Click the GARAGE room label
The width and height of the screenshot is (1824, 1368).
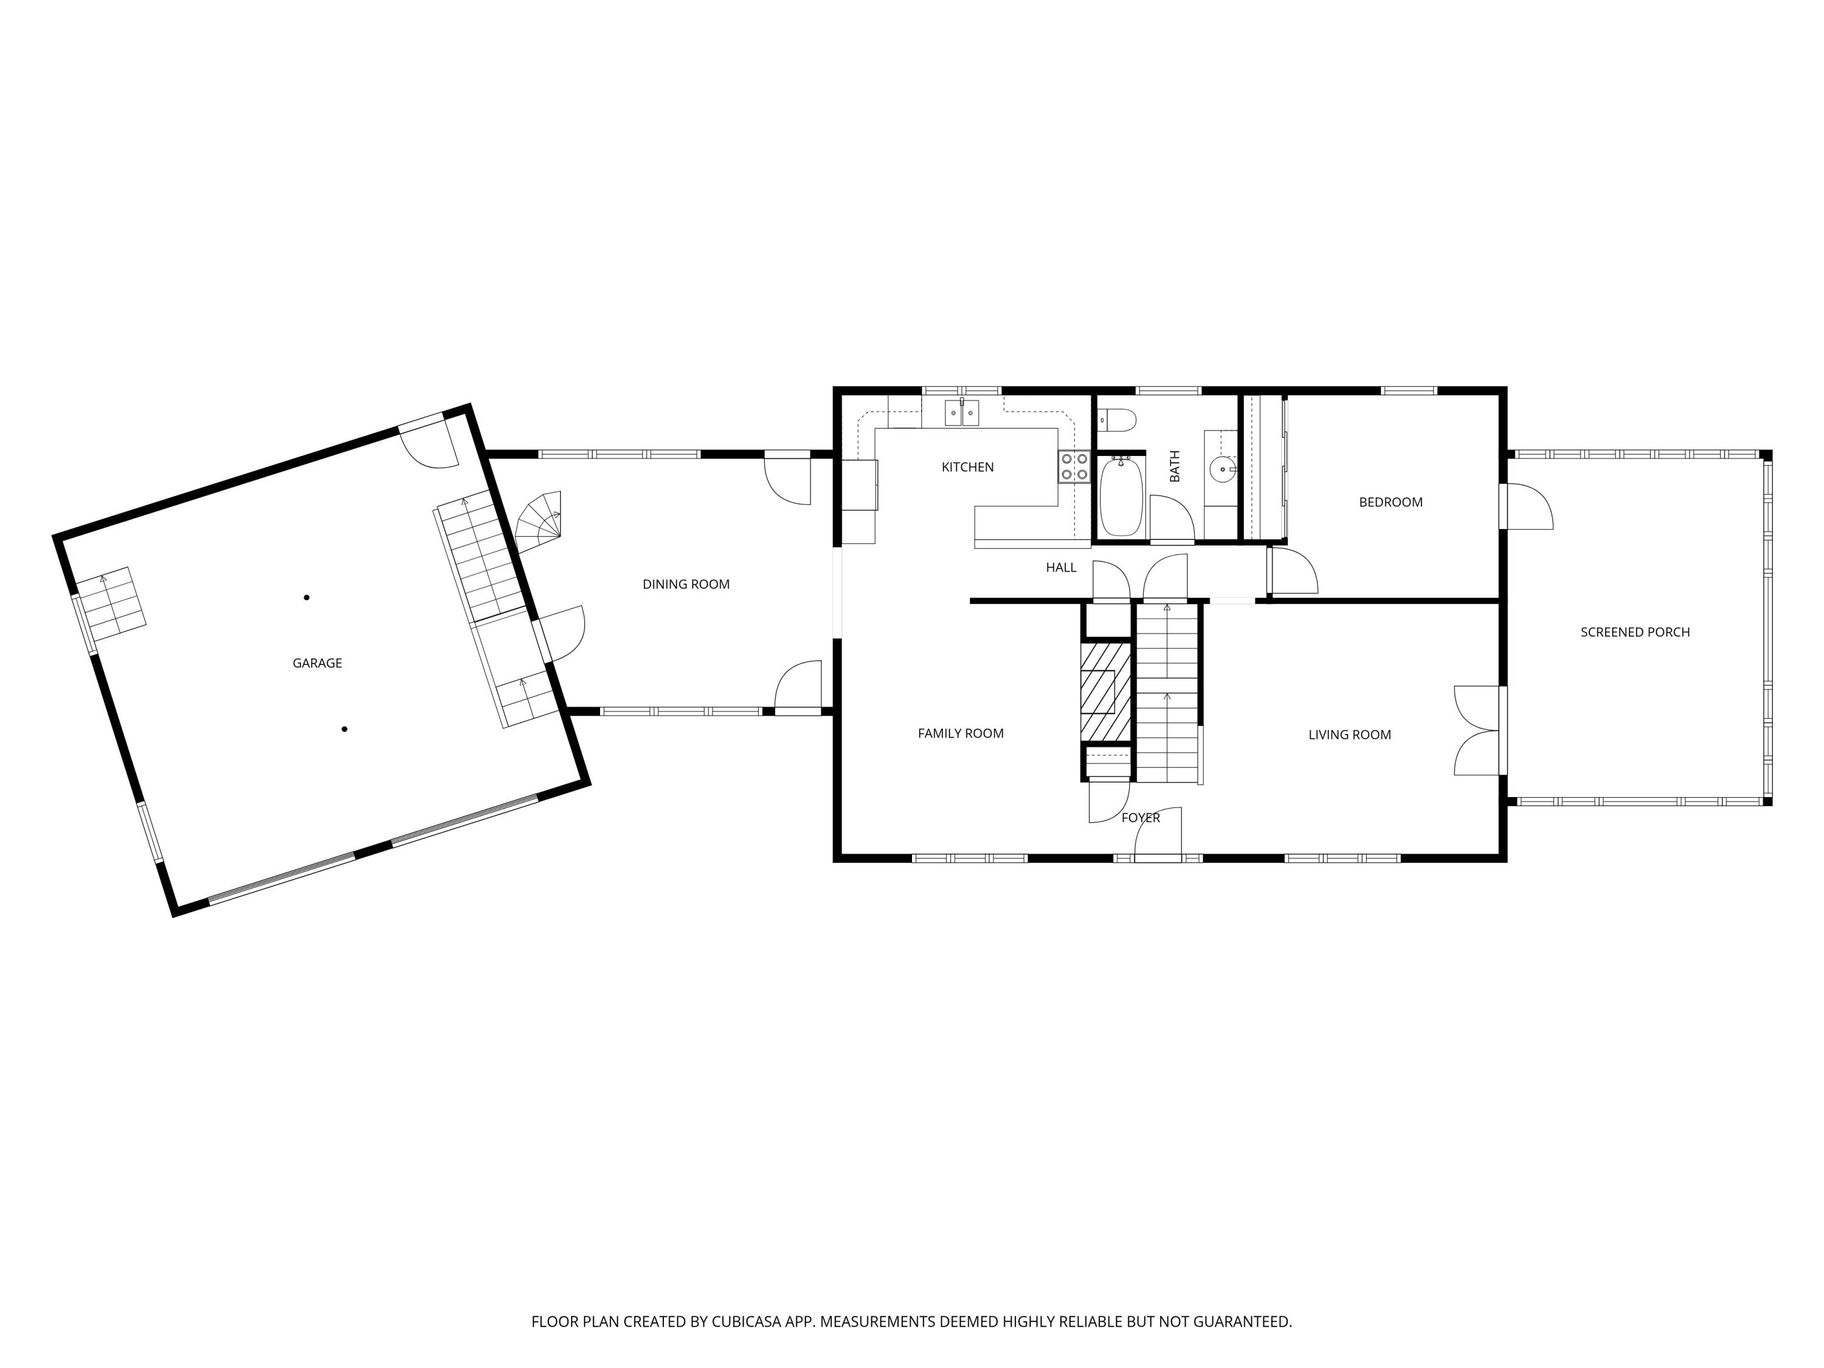pyautogui.click(x=317, y=663)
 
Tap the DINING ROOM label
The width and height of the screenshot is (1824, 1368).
pyautogui.click(x=685, y=585)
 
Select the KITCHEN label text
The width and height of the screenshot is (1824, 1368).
pyautogui.click(x=967, y=468)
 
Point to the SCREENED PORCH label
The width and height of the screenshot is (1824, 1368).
pyautogui.click(x=1634, y=632)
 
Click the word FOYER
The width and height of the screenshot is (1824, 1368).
pyautogui.click(x=1141, y=818)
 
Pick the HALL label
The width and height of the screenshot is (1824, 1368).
pyautogui.click(x=1060, y=567)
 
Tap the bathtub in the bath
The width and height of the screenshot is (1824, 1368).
pyautogui.click(x=1121, y=497)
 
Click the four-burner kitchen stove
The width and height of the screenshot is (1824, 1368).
pyautogui.click(x=1074, y=467)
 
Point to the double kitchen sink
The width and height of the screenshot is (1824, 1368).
pyautogui.click(x=961, y=412)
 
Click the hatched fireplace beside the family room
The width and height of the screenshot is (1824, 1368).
pyautogui.click(x=1105, y=691)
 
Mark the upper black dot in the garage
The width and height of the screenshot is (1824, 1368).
pyautogui.click(x=307, y=597)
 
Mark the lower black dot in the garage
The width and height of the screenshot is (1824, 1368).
pyautogui.click(x=344, y=729)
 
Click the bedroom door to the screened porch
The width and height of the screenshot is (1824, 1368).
pyautogui.click(x=1527, y=507)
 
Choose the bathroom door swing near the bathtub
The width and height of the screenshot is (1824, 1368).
pyautogui.click(x=1171, y=518)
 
